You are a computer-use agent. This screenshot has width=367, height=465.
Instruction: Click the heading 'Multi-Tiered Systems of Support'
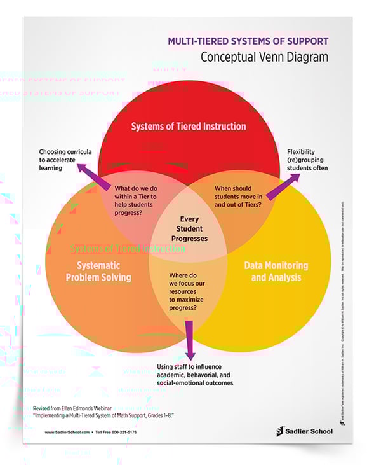tap(248, 41)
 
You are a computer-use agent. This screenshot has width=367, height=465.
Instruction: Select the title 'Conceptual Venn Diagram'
tap(264, 57)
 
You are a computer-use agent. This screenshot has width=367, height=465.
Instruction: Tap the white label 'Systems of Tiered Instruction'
tap(189, 126)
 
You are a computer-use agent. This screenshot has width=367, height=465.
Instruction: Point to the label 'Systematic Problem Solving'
tap(98, 271)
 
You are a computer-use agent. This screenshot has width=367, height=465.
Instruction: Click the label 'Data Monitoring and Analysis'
tap(276, 271)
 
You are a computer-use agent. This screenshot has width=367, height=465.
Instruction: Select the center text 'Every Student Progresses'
tap(189, 228)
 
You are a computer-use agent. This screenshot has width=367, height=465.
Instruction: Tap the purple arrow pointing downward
tap(189, 340)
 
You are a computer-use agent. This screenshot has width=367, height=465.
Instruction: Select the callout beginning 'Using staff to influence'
tap(195, 374)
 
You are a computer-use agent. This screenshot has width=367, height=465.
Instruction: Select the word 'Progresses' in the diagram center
tap(189, 238)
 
